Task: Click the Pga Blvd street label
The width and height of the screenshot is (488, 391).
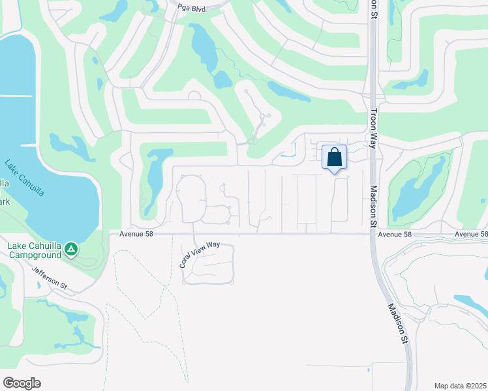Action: pos(191,8)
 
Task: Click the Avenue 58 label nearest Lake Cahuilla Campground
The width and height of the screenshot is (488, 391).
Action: pos(136,234)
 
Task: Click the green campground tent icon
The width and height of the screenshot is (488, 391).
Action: pos(72,248)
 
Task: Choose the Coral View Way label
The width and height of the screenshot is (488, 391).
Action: pos(200,255)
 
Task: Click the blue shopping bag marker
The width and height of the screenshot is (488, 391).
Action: pos(334,158)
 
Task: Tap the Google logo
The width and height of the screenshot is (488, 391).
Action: pos(22,383)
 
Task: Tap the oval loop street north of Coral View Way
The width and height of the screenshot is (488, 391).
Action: pos(192,199)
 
